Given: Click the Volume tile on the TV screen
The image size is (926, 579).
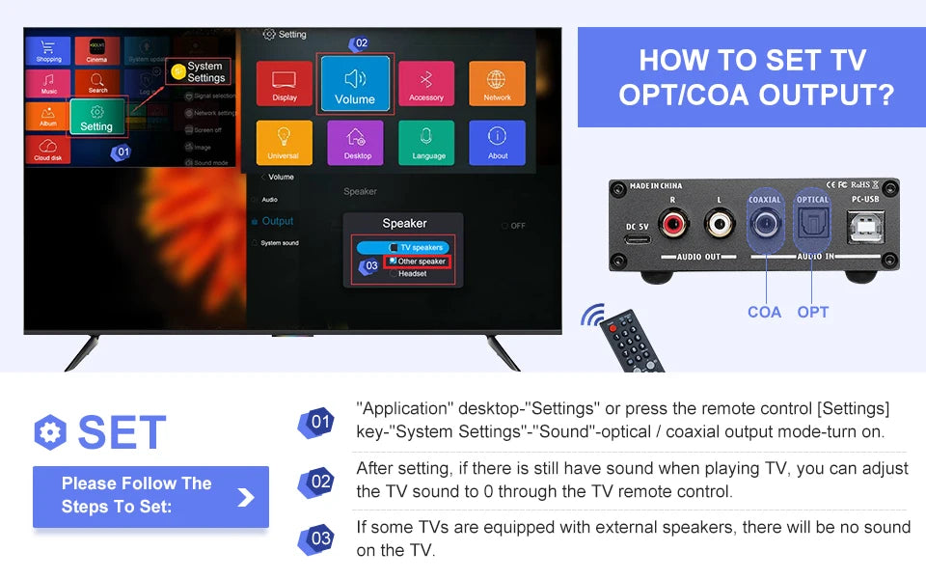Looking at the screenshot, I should (355, 85).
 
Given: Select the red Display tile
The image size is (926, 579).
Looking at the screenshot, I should (285, 84).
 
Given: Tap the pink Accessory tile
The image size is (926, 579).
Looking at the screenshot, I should (426, 84).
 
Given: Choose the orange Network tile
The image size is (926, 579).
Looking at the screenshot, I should (497, 84).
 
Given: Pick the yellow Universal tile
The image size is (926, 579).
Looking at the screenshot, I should (284, 143).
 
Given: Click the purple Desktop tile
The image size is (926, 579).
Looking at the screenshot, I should (356, 143).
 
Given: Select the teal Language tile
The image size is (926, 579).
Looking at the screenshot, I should (427, 143).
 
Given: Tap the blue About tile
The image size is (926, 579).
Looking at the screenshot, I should (497, 143).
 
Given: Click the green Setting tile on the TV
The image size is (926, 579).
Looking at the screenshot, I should (96, 117).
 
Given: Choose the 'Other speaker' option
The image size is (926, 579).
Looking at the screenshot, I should (418, 262).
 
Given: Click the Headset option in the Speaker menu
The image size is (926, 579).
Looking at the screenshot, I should (412, 273).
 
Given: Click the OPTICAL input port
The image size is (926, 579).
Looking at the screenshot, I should (812, 228).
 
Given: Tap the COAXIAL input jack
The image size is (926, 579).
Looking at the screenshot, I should (764, 227).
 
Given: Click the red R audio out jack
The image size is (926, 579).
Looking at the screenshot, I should (673, 227).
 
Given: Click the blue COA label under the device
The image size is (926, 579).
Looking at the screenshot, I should (764, 312).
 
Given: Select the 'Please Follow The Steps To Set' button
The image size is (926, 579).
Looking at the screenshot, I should (150, 496).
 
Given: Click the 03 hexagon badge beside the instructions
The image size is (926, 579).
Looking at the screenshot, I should (320, 538).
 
